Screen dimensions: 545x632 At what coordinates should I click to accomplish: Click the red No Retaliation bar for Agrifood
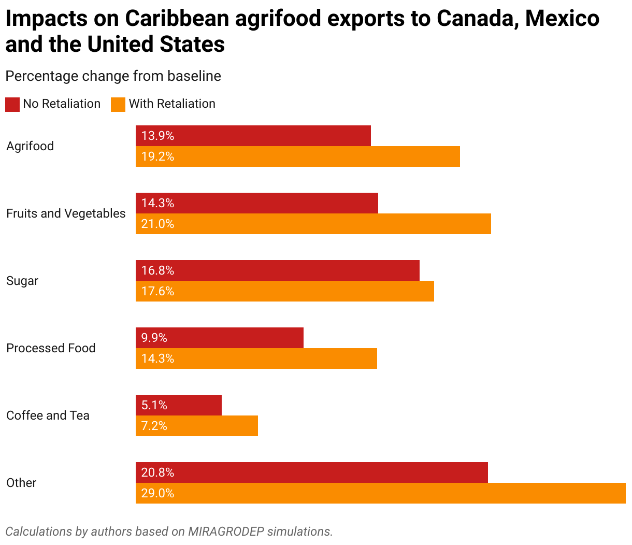pyautogui.click(x=253, y=136)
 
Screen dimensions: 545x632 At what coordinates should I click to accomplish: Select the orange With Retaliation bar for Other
pyautogui.click(x=381, y=493)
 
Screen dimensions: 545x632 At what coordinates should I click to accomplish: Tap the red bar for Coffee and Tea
pyautogui.click(x=179, y=405)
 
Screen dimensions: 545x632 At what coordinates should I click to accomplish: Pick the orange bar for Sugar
pyautogui.click(x=285, y=291)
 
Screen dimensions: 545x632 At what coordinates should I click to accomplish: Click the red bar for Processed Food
pyautogui.click(x=220, y=338)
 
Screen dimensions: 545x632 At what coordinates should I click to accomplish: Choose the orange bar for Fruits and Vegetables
pyautogui.click(x=313, y=224)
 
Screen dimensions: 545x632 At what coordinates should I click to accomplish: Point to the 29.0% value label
pyautogui.click(x=158, y=493)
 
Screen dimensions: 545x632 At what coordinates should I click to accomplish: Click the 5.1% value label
pyautogui.click(x=154, y=405)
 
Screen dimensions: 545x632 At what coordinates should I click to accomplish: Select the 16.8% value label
pyautogui.click(x=158, y=270)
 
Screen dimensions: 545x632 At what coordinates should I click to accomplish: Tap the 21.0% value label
pyautogui.click(x=158, y=224)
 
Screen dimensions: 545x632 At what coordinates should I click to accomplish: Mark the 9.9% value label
pyautogui.click(x=154, y=338)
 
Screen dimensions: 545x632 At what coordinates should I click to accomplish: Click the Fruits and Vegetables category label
pyautogui.click(x=66, y=213)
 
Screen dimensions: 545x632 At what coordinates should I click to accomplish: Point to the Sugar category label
pyautogui.click(x=22, y=281)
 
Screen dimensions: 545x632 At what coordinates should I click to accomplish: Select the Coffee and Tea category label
pyautogui.click(x=48, y=415)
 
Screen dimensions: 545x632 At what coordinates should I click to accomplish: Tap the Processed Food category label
pyautogui.click(x=51, y=348)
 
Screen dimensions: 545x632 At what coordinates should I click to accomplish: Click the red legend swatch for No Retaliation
pyautogui.click(x=12, y=104)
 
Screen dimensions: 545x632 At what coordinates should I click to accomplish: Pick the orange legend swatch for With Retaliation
pyautogui.click(x=118, y=104)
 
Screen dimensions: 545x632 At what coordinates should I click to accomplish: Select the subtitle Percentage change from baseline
pyautogui.click(x=113, y=76)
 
